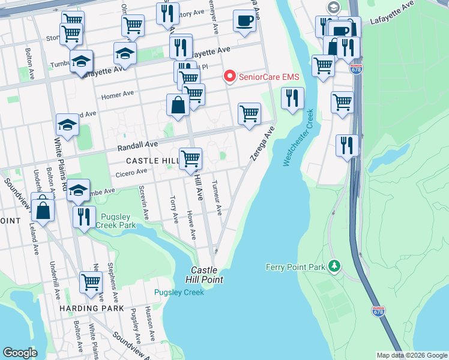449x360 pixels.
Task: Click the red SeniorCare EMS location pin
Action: (x=229, y=76)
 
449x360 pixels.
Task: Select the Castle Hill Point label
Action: (x=207, y=275)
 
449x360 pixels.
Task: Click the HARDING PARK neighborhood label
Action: (x=91, y=308)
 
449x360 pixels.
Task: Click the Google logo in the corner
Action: (x=20, y=353)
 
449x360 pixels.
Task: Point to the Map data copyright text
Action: (x=412, y=355)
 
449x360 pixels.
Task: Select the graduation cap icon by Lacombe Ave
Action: (x=77, y=190)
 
